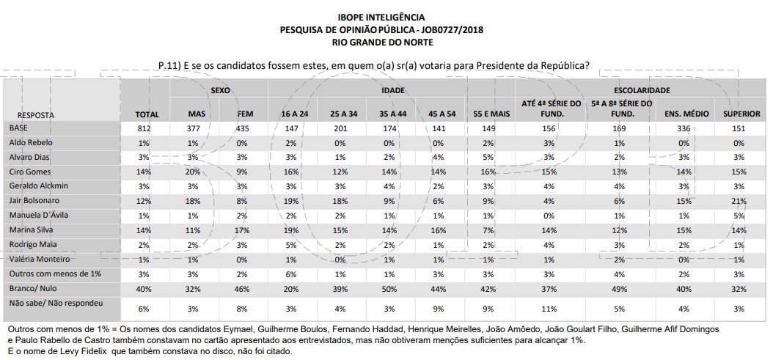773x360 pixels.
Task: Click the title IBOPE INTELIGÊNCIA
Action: click(x=381, y=16)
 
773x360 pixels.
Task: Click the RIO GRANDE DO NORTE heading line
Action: click(x=381, y=42)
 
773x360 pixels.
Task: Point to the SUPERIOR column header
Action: click(x=741, y=114)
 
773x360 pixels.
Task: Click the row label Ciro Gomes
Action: click(x=29, y=171)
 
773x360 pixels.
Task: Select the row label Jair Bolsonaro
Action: click(x=32, y=199)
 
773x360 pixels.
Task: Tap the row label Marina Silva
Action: click(x=30, y=229)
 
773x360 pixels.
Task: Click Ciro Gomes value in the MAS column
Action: click(x=192, y=171)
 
